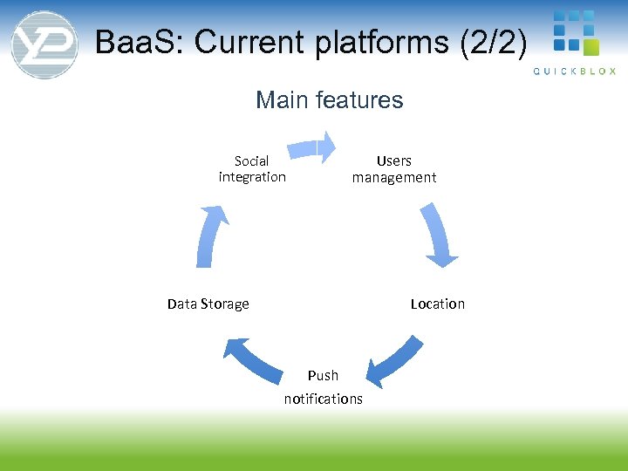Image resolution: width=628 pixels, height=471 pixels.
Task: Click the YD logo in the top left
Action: tap(44, 44)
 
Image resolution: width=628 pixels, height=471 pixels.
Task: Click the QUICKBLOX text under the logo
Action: tap(575, 72)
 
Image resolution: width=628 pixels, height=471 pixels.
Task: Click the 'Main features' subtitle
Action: tap(330, 100)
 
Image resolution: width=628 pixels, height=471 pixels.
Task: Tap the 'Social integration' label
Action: tap(252, 168)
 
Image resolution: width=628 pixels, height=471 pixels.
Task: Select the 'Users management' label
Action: tap(394, 168)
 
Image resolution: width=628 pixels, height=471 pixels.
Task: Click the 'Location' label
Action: tap(438, 304)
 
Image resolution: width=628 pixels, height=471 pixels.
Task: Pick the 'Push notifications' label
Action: tap(323, 386)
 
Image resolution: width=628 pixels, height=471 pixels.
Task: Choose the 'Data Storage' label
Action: tap(208, 304)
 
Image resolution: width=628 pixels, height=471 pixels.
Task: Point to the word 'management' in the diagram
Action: tap(394, 177)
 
